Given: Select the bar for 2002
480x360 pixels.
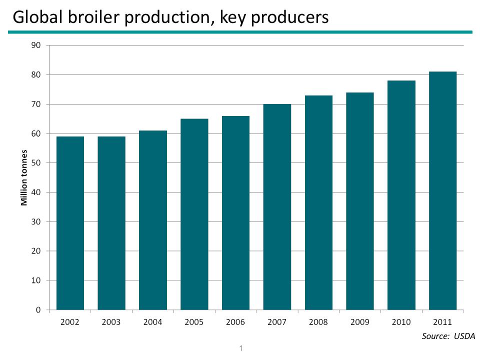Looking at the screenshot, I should pos(70,223).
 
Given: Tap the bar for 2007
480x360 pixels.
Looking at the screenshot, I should pos(277,207).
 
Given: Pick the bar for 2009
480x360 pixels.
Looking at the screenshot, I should pos(360,201).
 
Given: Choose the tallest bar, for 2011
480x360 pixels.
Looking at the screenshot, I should pos(442,190).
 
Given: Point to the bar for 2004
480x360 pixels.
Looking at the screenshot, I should pos(153,220).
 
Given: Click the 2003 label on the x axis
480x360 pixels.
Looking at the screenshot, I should pos(111,322).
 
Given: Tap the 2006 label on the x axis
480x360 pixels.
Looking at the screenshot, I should pos(235,322).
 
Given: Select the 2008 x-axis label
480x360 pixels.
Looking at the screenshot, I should pos(318,322).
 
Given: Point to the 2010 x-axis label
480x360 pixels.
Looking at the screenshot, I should pos(401,322).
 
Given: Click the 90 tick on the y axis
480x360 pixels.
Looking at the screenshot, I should pos(36,45).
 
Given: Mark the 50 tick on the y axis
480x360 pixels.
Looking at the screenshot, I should pos(36,163).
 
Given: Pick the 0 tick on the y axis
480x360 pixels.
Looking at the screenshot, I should pos(38,310).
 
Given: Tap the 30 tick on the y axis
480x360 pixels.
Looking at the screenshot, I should pos(36,221).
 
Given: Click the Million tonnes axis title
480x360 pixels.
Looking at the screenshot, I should pos(23,177).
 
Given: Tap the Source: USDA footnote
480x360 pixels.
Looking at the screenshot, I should pos(448,335).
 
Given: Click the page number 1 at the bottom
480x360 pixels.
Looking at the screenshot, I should pos(241,347).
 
